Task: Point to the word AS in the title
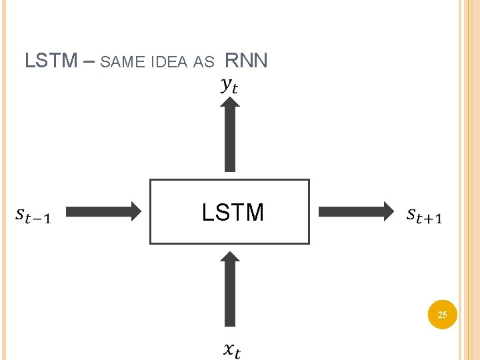click(x=203, y=63)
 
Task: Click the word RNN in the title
click(x=246, y=61)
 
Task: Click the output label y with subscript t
click(x=229, y=86)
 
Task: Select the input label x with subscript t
click(x=231, y=349)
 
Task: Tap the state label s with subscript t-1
click(x=33, y=215)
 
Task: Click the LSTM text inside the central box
click(x=233, y=213)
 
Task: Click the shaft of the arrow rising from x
click(x=230, y=300)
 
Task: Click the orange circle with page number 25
click(x=442, y=313)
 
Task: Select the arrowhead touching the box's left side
click(x=135, y=212)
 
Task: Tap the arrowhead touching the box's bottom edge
click(x=230, y=259)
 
